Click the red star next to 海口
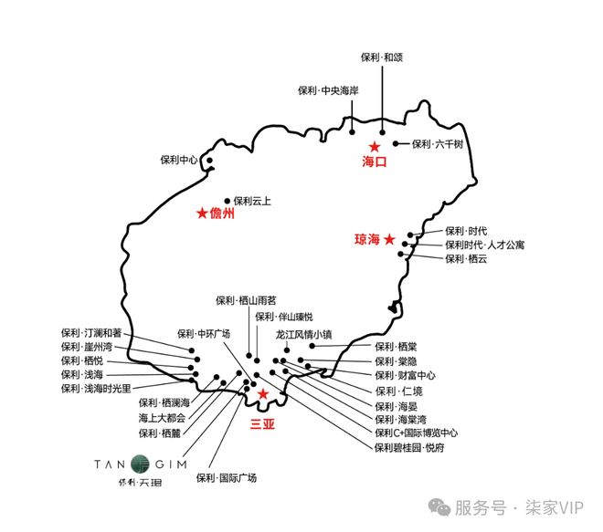(x=374, y=146)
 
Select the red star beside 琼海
(x=389, y=240)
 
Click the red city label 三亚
(x=262, y=423)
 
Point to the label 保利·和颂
(x=382, y=57)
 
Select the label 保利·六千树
(x=437, y=144)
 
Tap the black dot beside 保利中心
(x=209, y=161)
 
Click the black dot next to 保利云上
(x=227, y=201)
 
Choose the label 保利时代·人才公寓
(x=485, y=245)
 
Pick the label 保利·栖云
(x=467, y=259)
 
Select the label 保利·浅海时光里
(x=96, y=389)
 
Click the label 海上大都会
(x=162, y=417)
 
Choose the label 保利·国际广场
(x=227, y=477)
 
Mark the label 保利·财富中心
(x=405, y=375)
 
